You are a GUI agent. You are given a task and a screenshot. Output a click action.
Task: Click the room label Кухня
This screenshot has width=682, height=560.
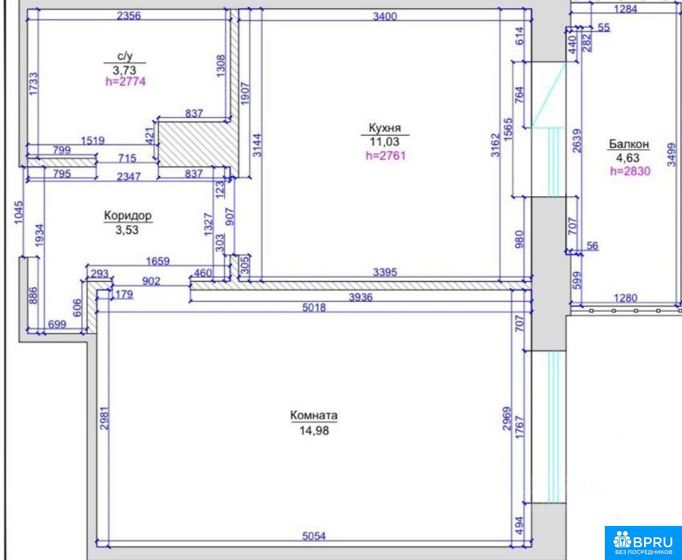(384, 129)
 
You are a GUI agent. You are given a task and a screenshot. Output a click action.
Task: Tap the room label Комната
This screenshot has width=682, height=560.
(314, 415)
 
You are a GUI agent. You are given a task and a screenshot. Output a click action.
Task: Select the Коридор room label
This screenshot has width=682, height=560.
(127, 215)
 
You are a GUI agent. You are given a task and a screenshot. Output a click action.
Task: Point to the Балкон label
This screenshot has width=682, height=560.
(629, 144)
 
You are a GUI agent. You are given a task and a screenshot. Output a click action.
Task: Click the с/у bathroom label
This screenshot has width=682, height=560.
(125, 56)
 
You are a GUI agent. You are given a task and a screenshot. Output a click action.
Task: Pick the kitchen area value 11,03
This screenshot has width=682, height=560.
(384, 141)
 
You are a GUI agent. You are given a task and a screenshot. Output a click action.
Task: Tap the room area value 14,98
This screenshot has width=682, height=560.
(314, 431)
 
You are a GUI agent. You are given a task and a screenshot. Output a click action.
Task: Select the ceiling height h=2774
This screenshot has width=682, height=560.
(125, 82)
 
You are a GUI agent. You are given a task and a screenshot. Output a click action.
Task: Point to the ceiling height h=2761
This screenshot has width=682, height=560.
(386, 156)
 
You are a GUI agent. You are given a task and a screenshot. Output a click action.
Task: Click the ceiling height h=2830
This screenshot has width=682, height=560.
(630, 171)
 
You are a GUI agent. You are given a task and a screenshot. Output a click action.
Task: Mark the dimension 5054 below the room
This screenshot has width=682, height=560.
(314, 536)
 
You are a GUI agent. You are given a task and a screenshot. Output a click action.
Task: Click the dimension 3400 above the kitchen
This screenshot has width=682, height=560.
(385, 17)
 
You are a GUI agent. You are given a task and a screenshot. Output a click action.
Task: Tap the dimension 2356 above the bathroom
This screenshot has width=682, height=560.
(129, 16)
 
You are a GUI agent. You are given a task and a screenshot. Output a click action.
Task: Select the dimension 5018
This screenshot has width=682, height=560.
(314, 307)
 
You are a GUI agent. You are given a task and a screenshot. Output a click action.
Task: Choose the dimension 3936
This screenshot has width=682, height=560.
(361, 298)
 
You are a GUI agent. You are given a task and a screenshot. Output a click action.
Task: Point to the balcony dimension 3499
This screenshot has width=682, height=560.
(672, 154)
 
